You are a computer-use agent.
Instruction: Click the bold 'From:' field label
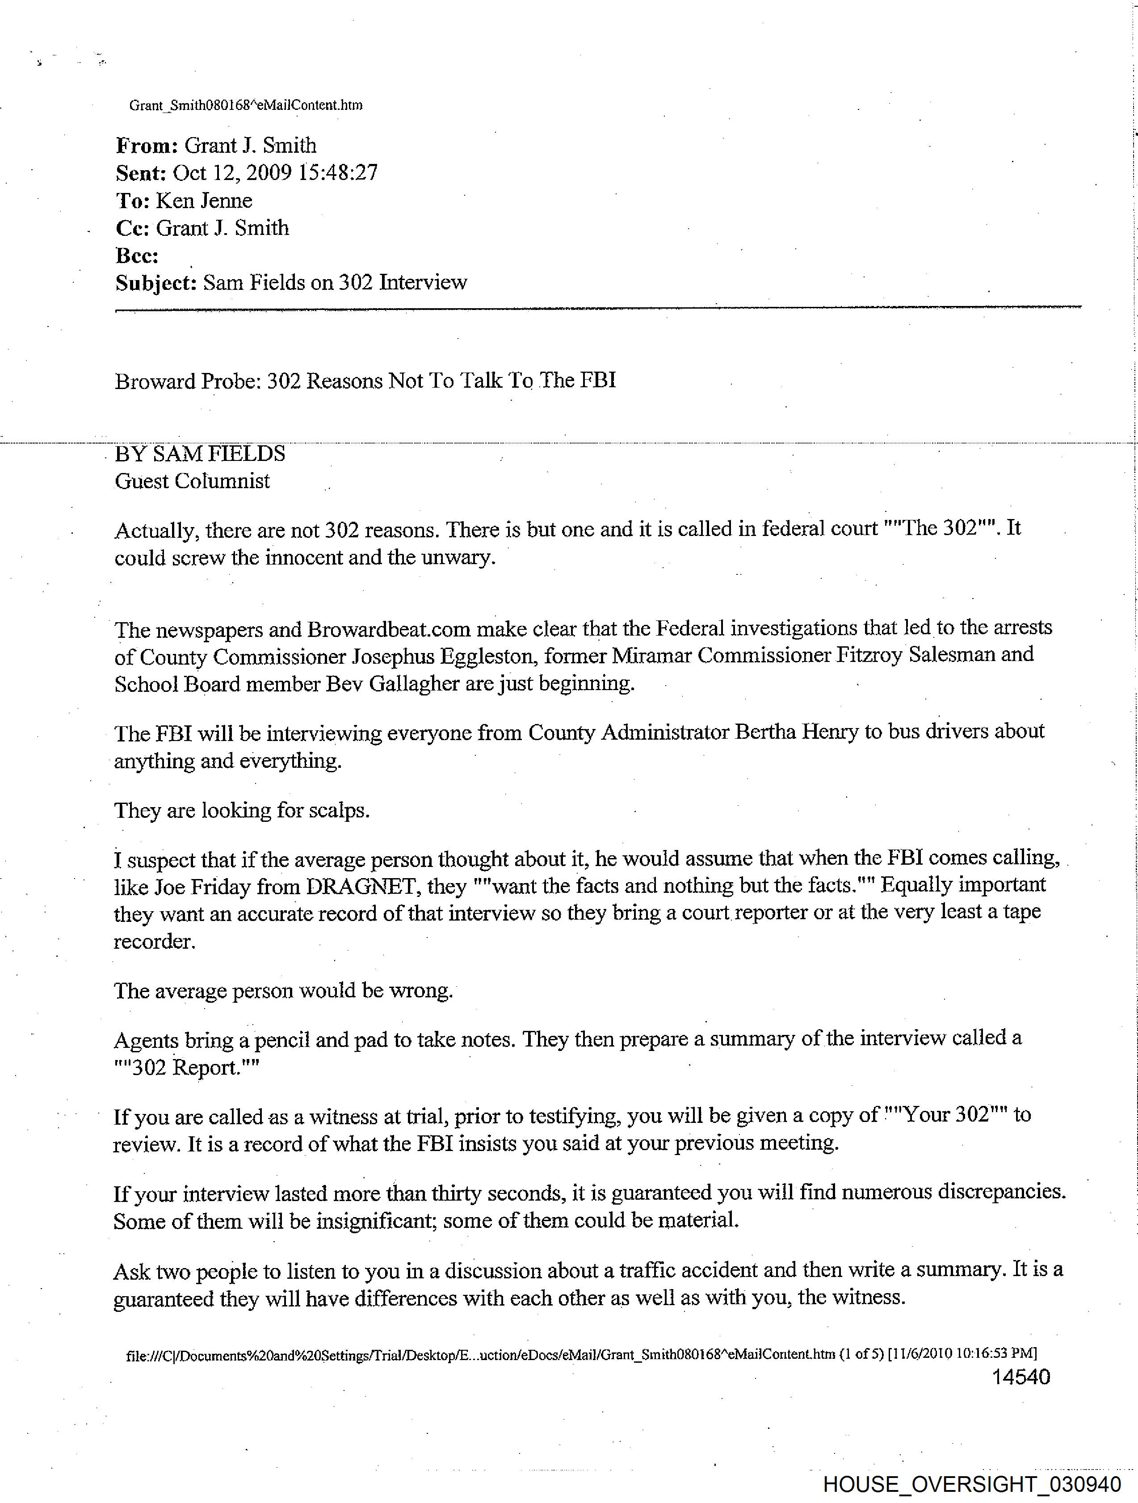click(146, 146)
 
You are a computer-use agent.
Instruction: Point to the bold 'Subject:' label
click(155, 283)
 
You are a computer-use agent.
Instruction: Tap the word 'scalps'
click(337, 811)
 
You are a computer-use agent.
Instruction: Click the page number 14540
click(1020, 1377)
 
